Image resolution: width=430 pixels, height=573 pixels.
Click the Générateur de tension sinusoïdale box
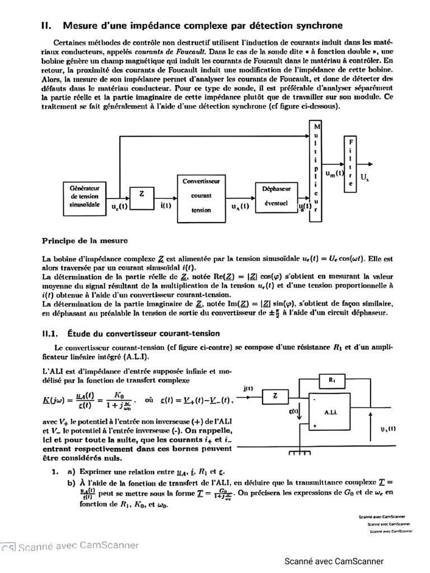[x=85, y=197]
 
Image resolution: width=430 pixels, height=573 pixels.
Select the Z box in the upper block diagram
[x=142, y=194]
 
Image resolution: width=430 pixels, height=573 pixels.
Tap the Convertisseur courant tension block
[x=201, y=196]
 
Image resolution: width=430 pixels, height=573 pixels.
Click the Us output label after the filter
[x=364, y=177]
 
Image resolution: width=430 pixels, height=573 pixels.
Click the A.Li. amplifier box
[x=330, y=412]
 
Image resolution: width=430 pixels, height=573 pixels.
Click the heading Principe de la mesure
[x=85, y=241]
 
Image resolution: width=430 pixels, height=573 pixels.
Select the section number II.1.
[x=51, y=334]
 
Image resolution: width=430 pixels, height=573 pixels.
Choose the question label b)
[x=71, y=482]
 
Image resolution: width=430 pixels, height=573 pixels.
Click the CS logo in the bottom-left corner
[x=8, y=547]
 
